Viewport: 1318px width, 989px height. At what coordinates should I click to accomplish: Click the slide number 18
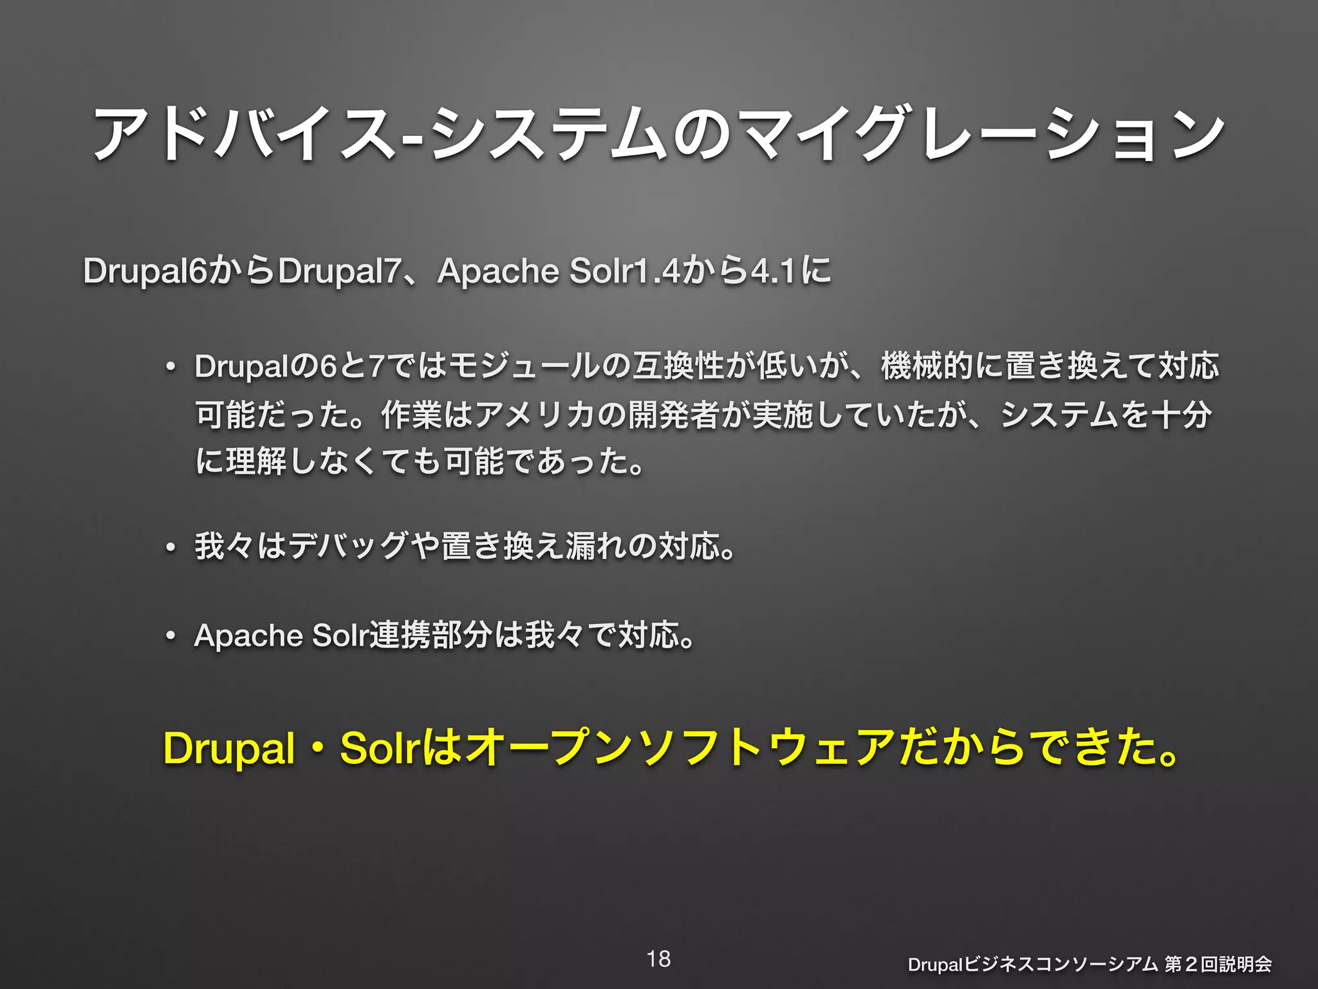[x=658, y=959]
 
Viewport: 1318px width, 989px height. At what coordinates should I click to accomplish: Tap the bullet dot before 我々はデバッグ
[x=170, y=548]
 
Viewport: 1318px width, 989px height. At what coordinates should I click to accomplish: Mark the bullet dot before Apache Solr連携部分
[x=170, y=637]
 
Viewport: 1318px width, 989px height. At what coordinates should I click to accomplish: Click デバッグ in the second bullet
[x=348, y=546]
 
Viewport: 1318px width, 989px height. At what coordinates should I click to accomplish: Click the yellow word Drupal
[x=229, y=748]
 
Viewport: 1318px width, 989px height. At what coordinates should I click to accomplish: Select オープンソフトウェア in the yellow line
[x=679, y=748]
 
